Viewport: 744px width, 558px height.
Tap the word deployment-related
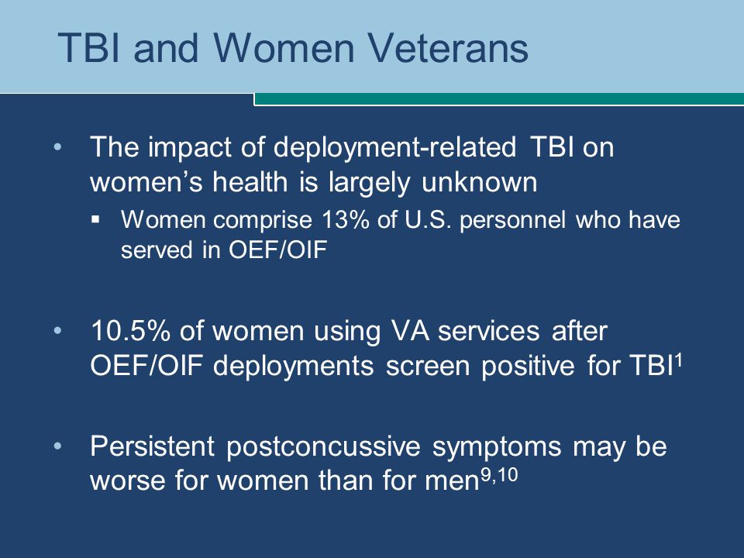[394, 148]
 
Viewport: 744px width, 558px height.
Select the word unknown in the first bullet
[479, 181]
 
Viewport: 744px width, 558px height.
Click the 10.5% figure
[130, 330]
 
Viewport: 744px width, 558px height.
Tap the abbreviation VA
[409, 330]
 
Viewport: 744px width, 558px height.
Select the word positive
[528, 367]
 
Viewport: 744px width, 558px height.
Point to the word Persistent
[153, 446]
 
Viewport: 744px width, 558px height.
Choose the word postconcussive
[323, 447]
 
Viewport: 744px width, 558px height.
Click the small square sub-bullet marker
[96, 219]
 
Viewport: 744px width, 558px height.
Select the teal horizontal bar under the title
[499, 99]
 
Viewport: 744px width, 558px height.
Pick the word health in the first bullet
[250, 181]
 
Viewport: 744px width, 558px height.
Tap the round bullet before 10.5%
[58, 330]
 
